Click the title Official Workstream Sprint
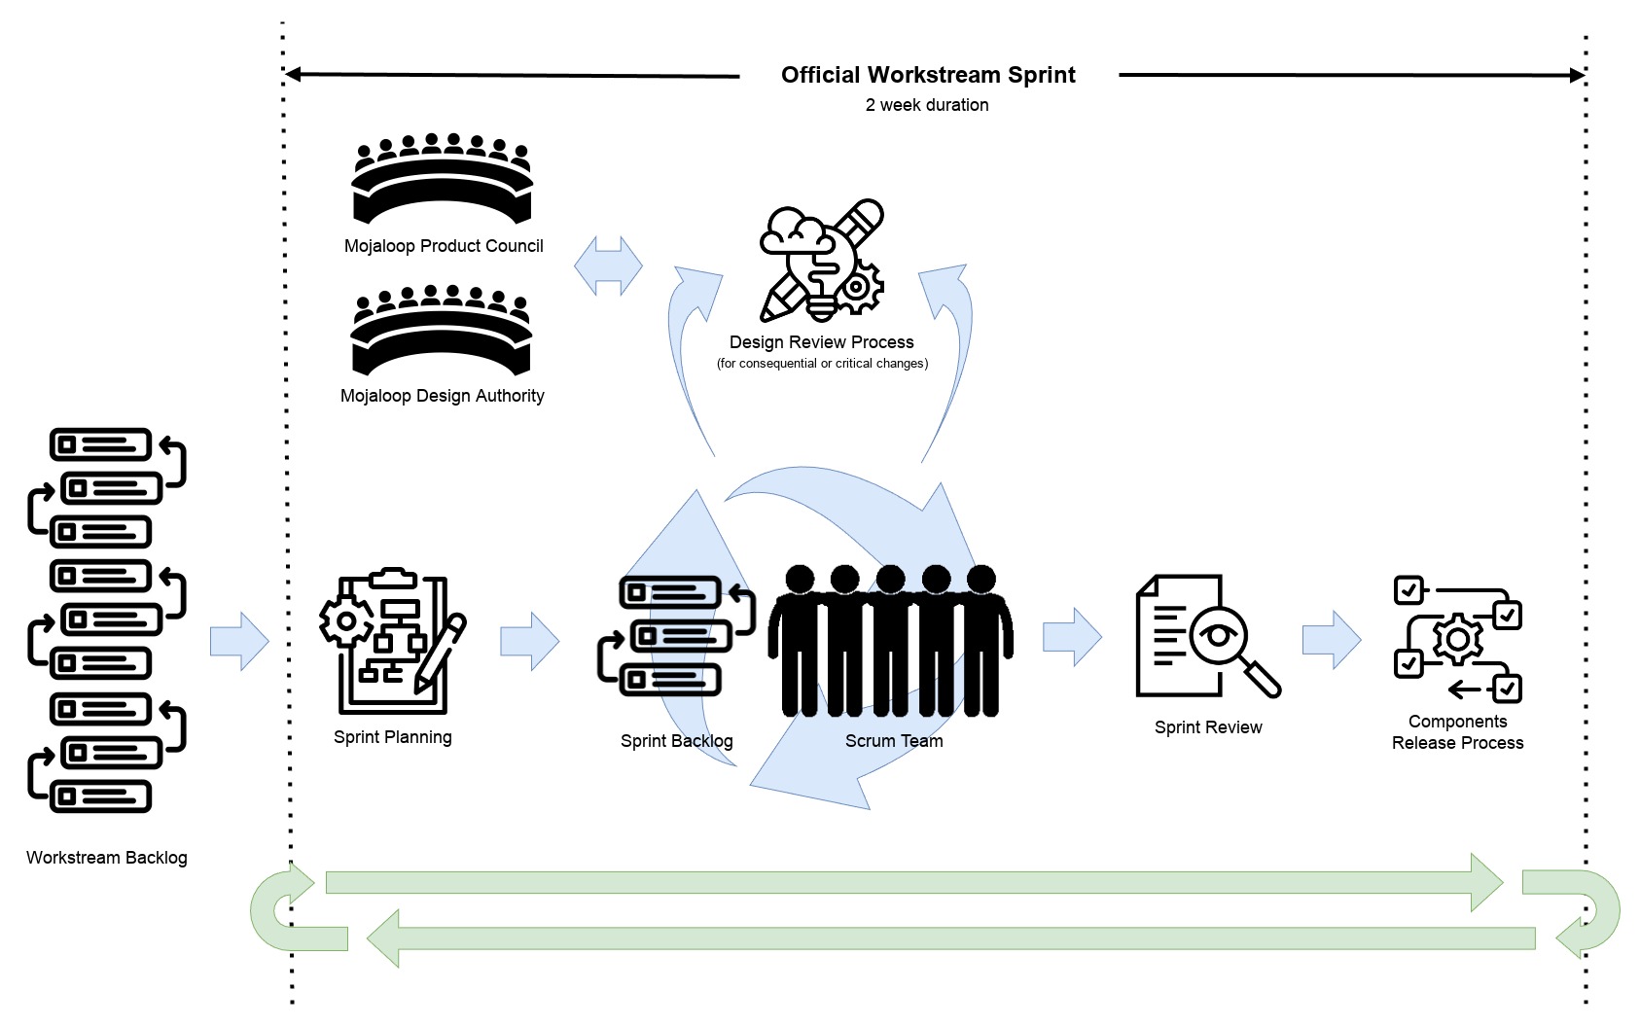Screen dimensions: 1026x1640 928,75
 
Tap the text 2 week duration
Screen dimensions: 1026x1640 927,105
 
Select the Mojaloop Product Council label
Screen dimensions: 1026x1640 444,246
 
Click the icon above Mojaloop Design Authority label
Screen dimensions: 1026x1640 442,331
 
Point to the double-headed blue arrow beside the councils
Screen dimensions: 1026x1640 608,265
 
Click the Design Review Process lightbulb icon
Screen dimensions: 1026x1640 823,261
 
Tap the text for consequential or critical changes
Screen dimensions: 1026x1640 822,364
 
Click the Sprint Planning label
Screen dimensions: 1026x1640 392,737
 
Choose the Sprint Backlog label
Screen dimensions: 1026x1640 676,741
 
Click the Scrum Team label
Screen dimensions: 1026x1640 894,741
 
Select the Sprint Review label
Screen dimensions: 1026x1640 1208,727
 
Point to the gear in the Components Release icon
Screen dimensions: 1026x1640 1457,639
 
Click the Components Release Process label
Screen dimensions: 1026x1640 1457,732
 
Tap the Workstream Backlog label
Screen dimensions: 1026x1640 107,858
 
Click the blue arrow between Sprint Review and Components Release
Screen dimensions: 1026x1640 1332,640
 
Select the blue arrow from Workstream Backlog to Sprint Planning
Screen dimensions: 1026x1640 239,642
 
